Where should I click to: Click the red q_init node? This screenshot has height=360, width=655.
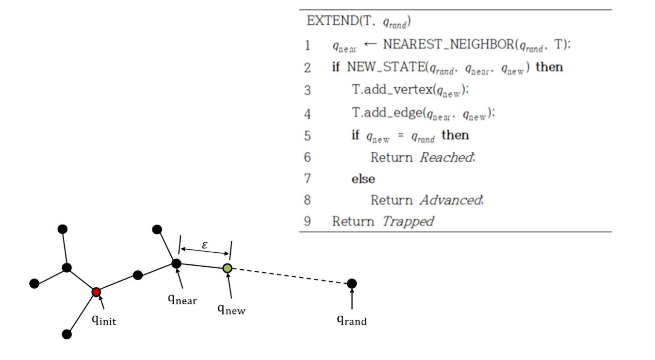click(x=96, y=292)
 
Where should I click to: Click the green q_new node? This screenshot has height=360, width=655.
click(x=227, y=268)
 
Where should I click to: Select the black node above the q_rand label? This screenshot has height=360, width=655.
click(x=352, y=283)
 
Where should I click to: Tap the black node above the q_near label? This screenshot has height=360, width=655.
click(x=177, y=263)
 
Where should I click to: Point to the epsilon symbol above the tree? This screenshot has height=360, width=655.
click(x=205, y=245)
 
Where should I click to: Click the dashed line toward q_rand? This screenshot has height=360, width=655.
click(x=291, y=276)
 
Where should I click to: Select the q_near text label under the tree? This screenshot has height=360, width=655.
click(x=182, y=299)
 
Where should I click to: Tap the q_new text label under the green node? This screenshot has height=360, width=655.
click(x=231, y=309)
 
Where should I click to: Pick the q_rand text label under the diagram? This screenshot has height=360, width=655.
click(x=352, y=320)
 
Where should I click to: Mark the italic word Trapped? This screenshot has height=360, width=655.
click(x=407, y=222)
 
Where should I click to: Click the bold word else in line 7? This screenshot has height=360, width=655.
click(x=363, y=179)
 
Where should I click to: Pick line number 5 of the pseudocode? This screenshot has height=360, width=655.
click(x=307, y=136)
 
